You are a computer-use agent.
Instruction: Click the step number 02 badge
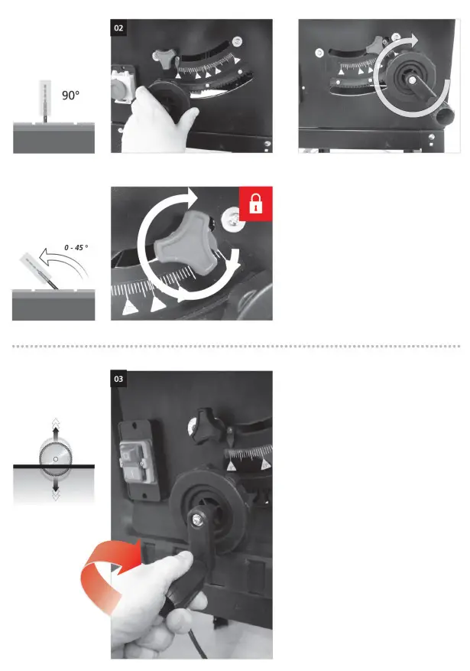coord(119,28)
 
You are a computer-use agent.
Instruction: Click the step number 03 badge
coord(119,379)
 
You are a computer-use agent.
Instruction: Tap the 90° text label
coord(71,96)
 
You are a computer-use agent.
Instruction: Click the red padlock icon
coord(255,204)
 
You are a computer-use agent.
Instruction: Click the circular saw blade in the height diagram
coord(53,459)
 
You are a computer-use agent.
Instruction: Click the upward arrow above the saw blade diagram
coord(53,426)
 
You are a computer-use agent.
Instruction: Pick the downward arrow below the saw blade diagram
coord(53,492)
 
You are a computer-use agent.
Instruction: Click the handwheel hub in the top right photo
coord(410,80)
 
